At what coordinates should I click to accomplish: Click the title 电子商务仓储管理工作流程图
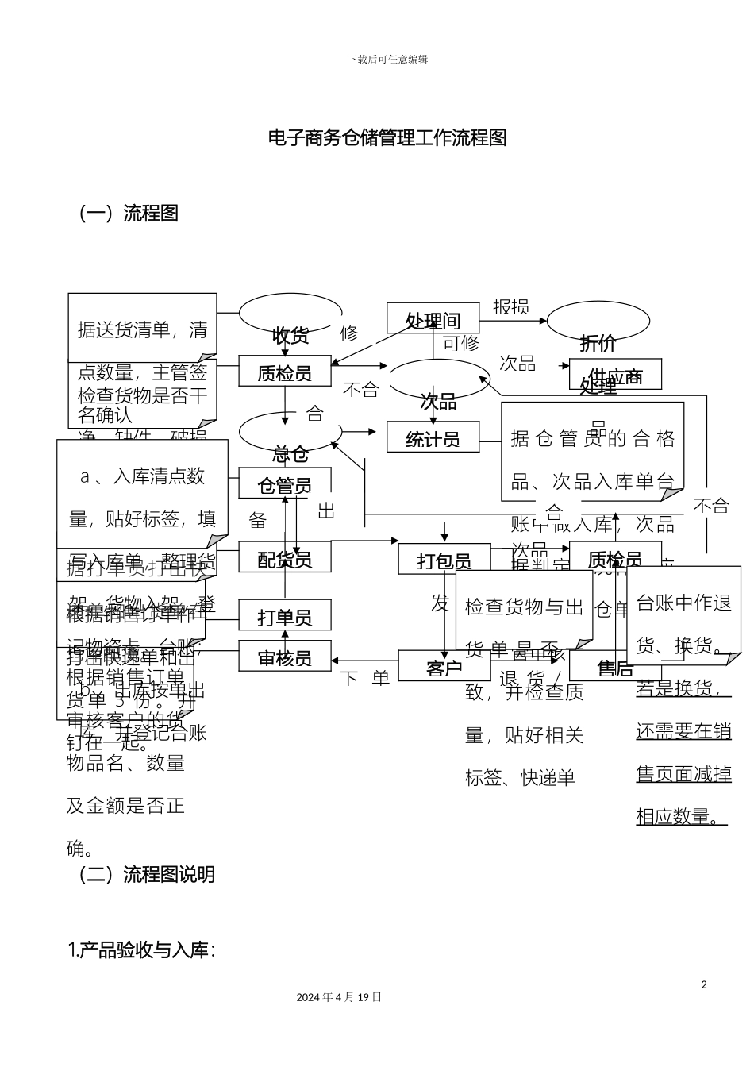(387, 138)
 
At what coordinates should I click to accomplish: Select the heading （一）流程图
(127, 214)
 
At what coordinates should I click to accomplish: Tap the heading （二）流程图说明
(146, 875)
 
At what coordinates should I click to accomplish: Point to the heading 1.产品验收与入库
(141, 950)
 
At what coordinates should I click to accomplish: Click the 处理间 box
(433, 319)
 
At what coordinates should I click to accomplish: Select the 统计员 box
(433, 437)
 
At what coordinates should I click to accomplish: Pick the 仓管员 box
(285, 484)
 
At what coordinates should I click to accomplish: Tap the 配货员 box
(285, 558)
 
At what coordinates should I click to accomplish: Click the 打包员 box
(444, 560)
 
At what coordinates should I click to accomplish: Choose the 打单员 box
(285, 616)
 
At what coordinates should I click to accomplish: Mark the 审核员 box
(285, 658)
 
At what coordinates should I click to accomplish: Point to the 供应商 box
(615, 376)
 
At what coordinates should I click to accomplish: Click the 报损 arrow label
(510, 307)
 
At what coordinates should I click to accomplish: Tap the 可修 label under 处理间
(460, 343)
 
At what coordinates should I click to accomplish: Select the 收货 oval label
(290, 335)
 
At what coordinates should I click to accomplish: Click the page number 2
(703, 985)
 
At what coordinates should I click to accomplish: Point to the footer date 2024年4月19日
(339, 997)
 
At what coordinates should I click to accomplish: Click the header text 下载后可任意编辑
(387, 60)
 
